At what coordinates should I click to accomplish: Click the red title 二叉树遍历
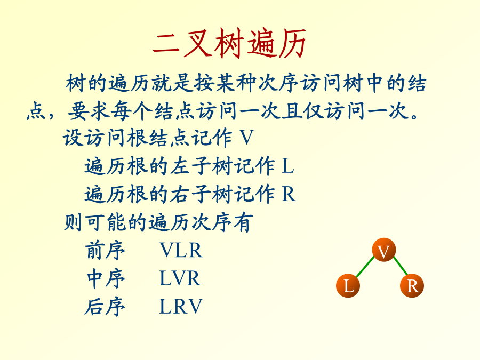click(x=229, y=43)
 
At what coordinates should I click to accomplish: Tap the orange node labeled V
click(x=384, y=250)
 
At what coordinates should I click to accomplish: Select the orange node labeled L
click(x=348, y=286)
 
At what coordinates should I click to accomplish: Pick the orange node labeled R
click(x=412, y=286)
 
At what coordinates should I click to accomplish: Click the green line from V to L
click(x=365, y=267)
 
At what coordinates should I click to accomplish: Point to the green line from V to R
click(x=401, y=266)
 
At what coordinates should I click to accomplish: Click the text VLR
click(x=181, y=251)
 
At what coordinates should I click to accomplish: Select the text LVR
click(x=180, y=278)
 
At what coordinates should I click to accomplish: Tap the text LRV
click(x=181, y=306)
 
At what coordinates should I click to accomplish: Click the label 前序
click(x=105, y=251)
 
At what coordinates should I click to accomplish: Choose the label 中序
click(x=105, y=278)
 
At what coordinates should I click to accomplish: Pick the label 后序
click(x=105, y=306)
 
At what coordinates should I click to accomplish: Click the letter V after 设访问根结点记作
click(x=246, y=138)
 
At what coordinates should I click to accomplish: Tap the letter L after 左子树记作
click(x=288, y=166)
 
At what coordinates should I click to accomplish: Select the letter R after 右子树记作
click(x=289, y=194)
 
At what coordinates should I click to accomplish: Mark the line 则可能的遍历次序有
click(x=158, y=222)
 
